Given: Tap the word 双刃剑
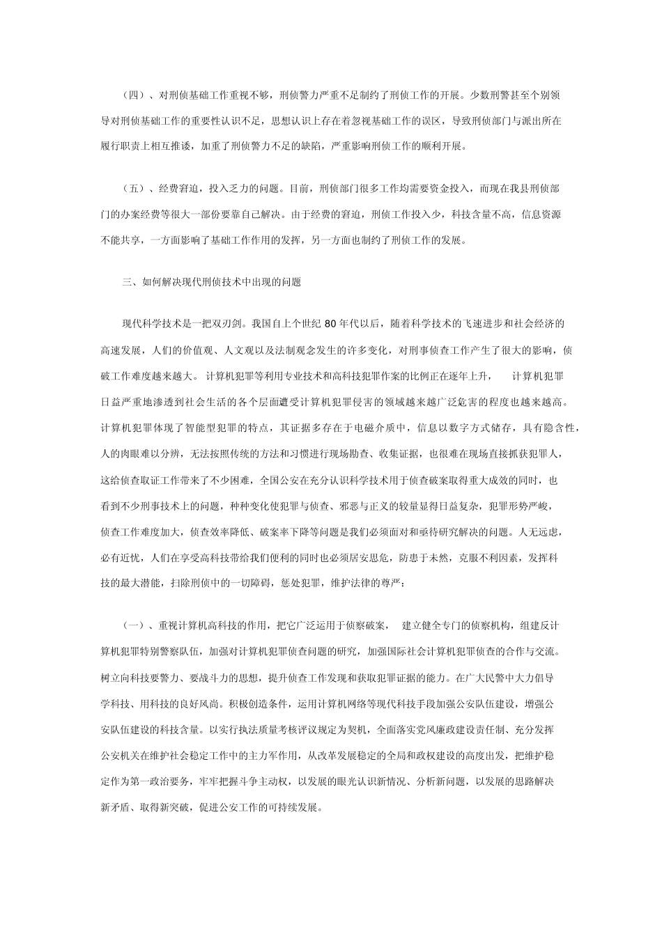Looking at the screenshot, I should point(226,323).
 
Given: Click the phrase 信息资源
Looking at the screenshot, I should point(541,215).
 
